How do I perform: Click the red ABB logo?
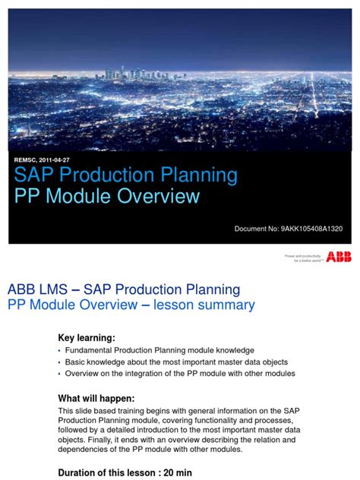pos(339,257)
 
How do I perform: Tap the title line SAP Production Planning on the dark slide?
pos(126,176)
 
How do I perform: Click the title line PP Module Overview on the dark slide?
pos(107,197)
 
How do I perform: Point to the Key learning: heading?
pos(87,337)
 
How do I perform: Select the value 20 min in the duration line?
pos(178,472)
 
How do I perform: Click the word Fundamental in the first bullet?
pos(92,350)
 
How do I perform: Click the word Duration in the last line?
pos(81,472)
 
